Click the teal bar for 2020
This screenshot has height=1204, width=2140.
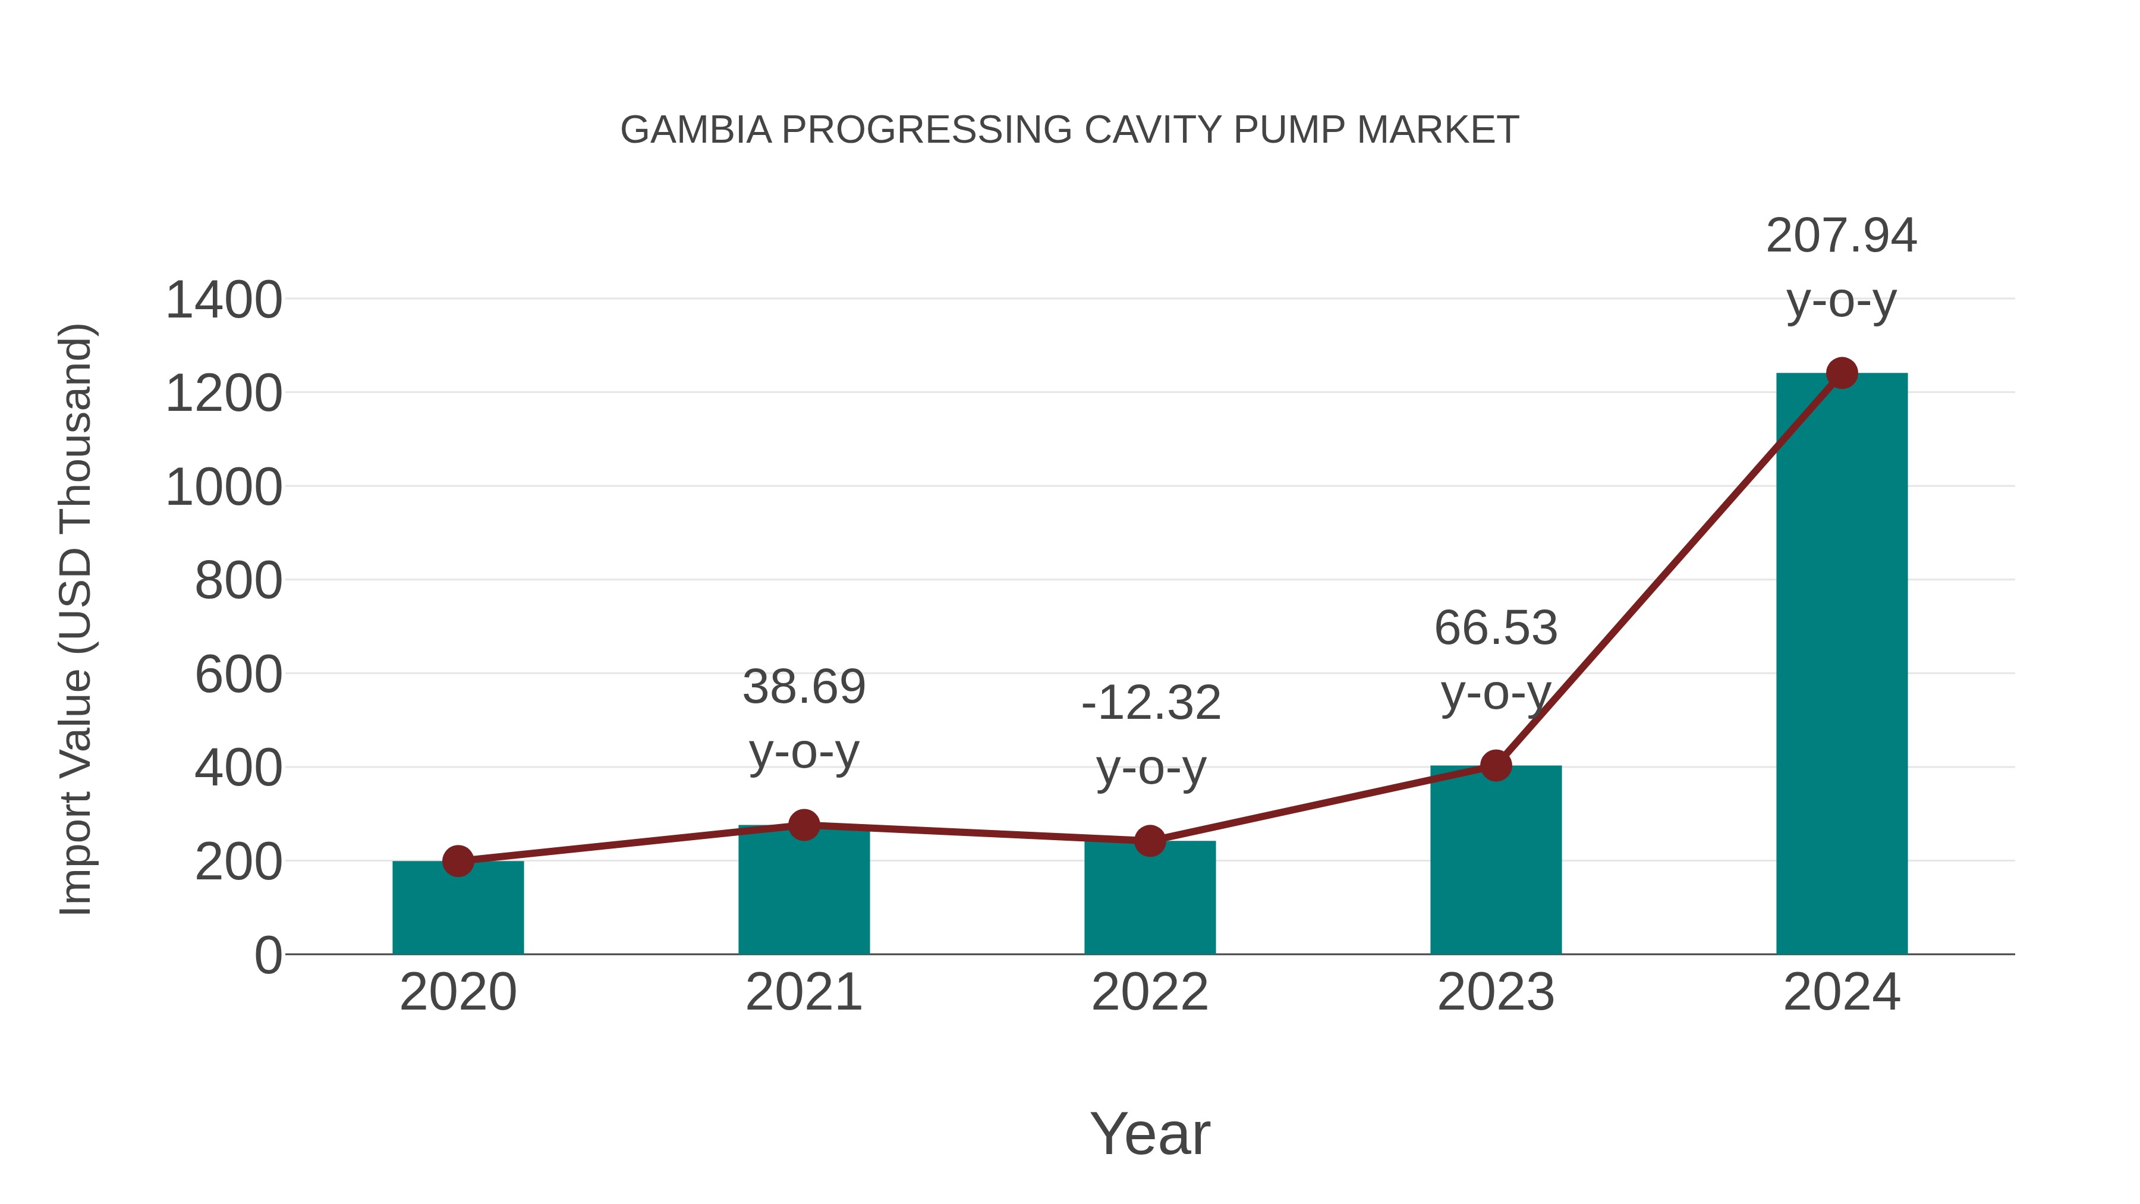tap(458, 910)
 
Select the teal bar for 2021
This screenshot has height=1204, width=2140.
tap(803, 893)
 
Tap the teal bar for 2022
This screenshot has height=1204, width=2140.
tap(1150, 901)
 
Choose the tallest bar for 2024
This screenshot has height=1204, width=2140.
tap(1842, 665)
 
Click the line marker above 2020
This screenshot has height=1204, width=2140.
tap(458, 862)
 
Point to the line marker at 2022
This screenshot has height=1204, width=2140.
tap(1150, 841)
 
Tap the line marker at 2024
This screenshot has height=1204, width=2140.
tap(1842, 373)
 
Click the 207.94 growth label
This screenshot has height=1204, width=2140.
tap(1841, 236)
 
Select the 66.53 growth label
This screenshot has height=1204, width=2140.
tap(1496, 628)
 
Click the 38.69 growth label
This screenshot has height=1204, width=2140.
tap(803, 687)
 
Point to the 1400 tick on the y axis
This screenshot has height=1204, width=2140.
tap(224, 300)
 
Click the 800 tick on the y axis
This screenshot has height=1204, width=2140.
tap(238, 581)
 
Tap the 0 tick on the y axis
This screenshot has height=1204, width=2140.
tap(267, 955)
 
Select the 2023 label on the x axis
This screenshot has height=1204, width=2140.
tap(1496, 992)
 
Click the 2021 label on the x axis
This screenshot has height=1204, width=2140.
tap(803, 992)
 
